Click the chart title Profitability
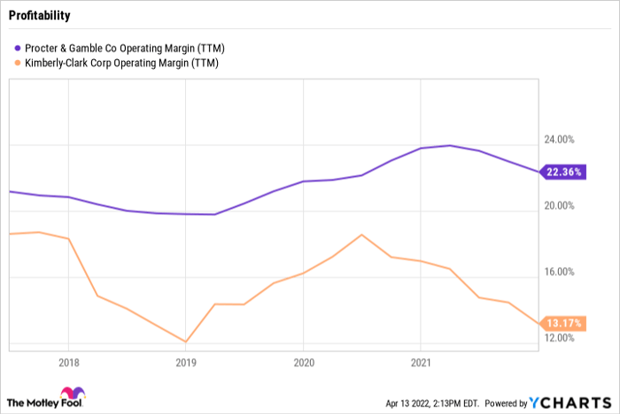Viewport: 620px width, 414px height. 40,16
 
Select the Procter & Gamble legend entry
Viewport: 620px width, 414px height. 122,47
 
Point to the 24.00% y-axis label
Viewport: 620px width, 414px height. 557,140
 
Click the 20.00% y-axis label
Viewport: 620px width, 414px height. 557,206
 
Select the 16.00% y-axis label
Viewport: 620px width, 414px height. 557,272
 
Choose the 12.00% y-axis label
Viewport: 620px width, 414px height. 557,338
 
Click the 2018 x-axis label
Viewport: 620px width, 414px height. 68,362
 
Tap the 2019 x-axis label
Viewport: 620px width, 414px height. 185,362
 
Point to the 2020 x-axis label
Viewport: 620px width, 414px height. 303,362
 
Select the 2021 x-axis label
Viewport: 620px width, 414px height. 420,362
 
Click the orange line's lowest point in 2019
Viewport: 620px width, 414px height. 186,341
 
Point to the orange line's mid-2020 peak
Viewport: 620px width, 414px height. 362,234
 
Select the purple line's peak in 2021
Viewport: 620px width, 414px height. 450,145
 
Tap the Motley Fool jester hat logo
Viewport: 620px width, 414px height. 70,395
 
